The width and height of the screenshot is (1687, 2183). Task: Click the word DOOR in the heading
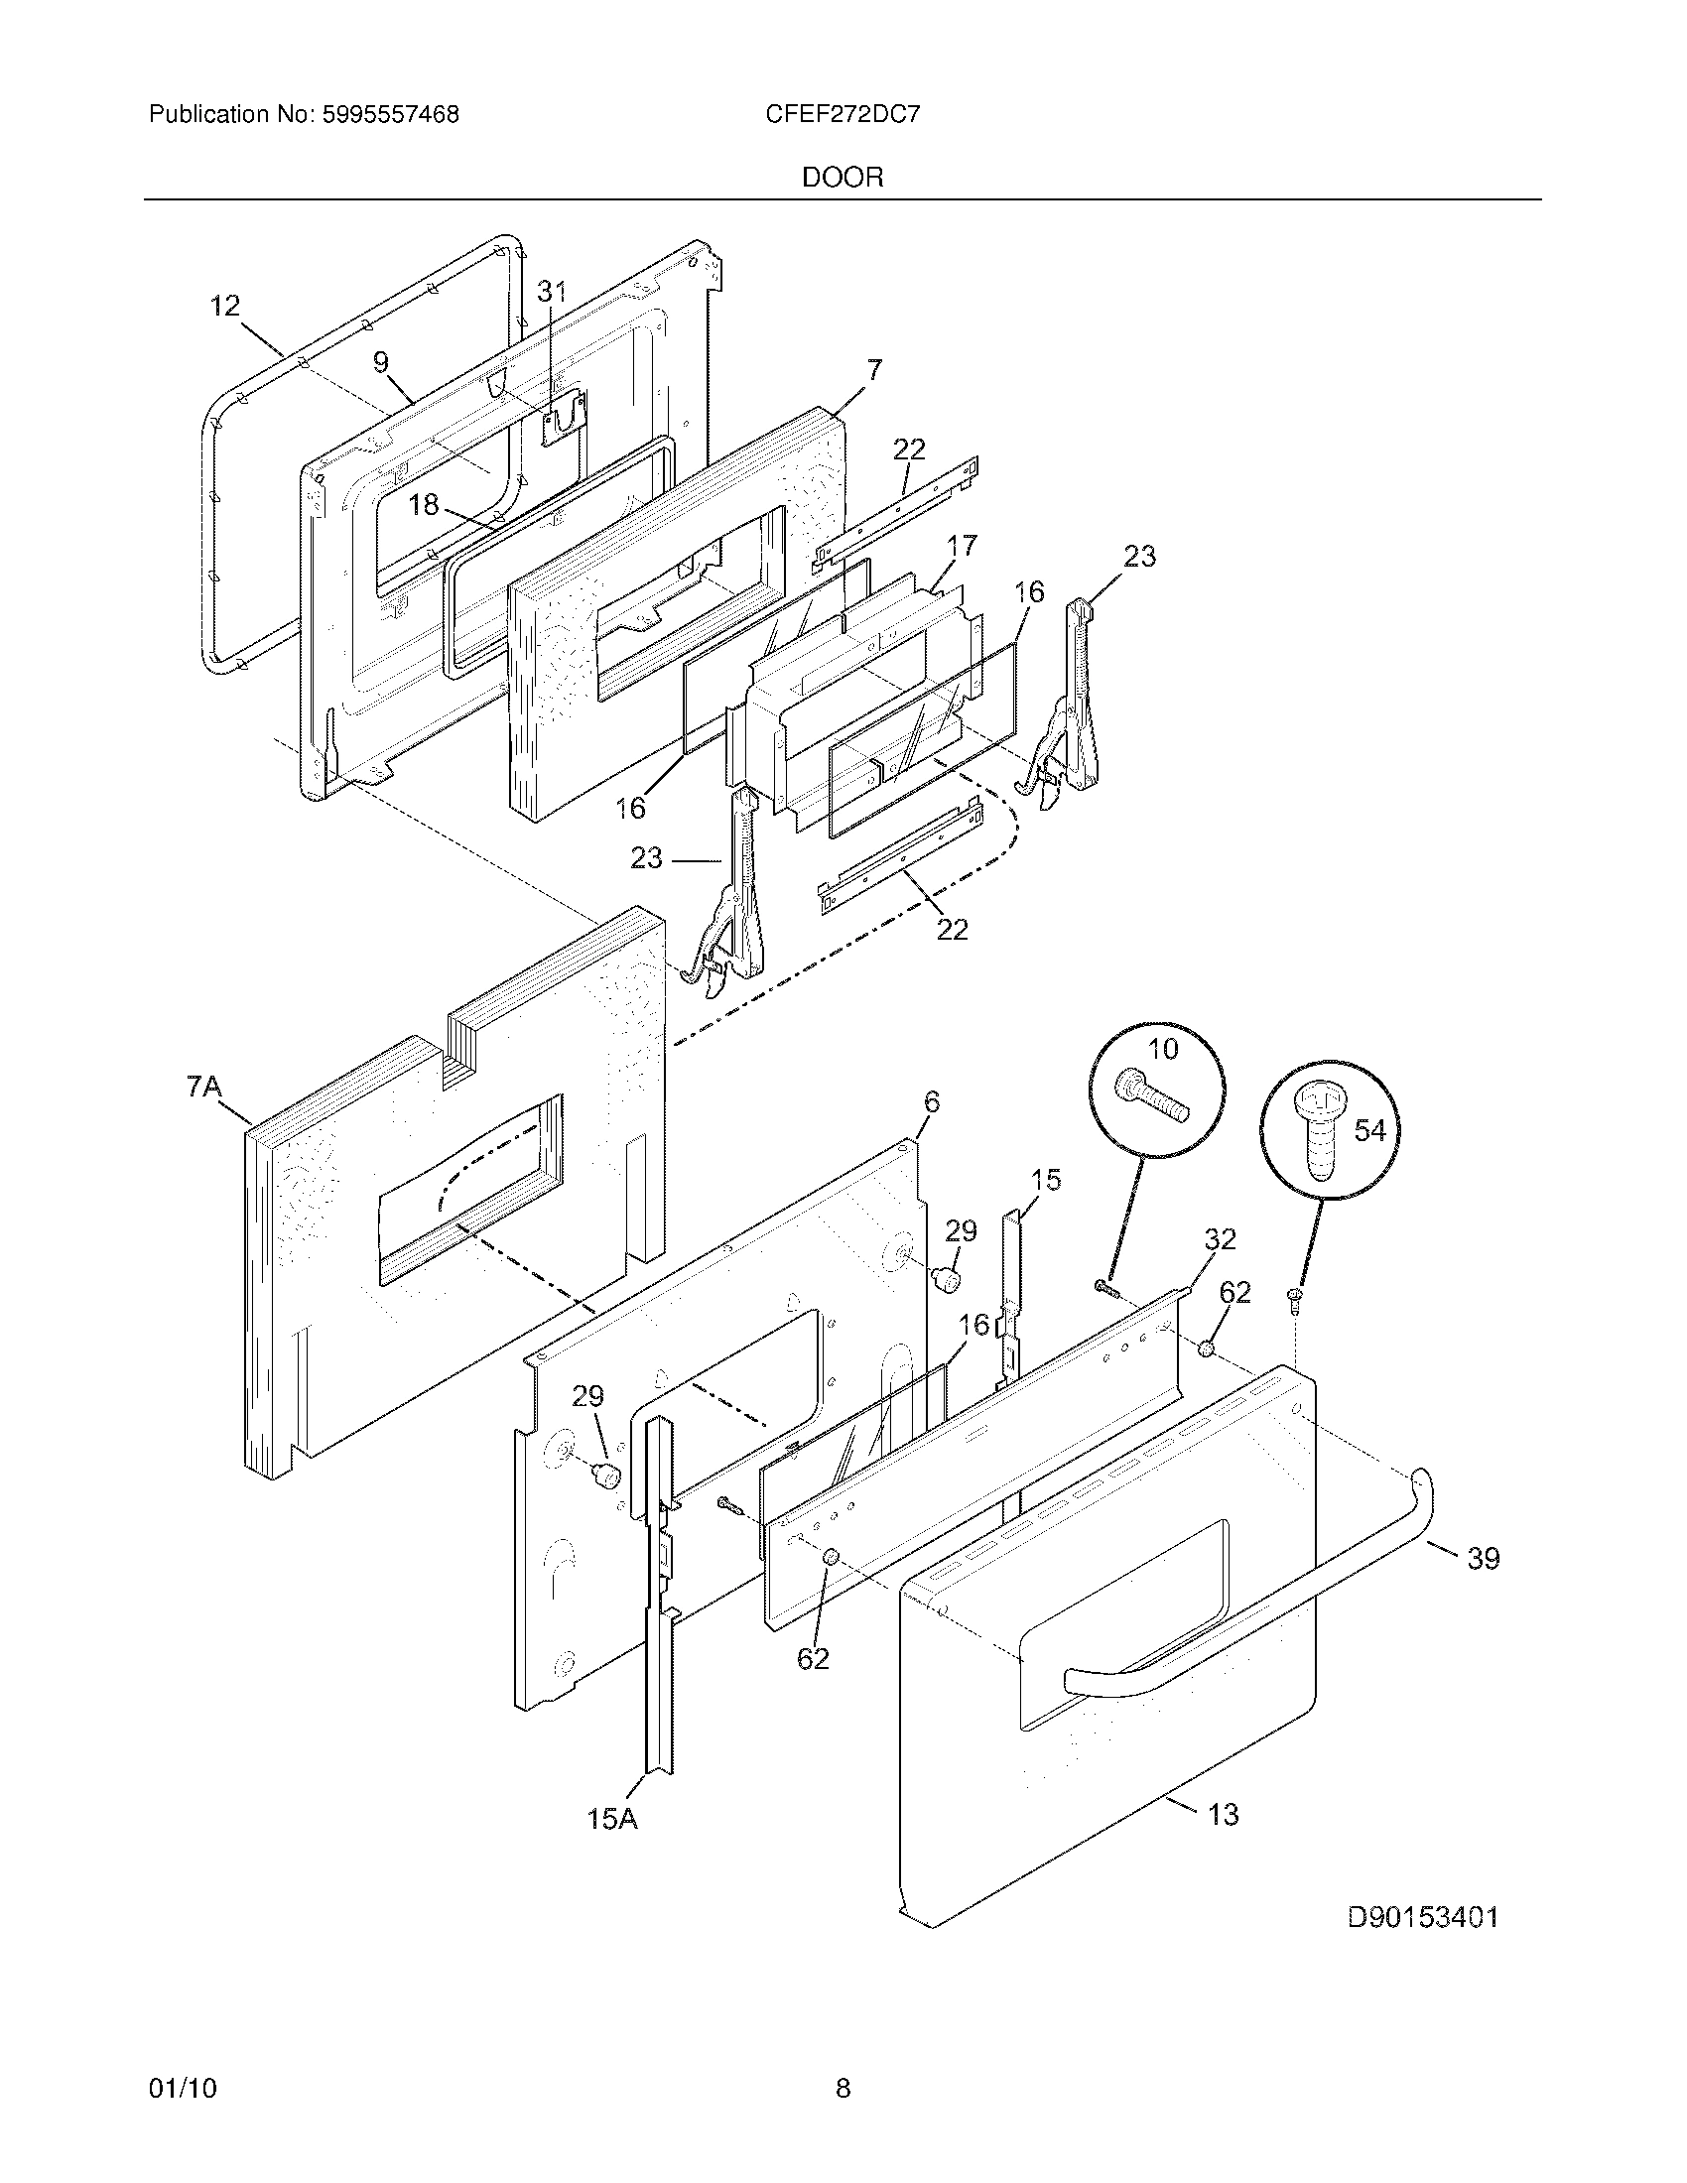[843, 178]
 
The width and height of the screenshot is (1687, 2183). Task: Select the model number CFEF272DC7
[843, 115]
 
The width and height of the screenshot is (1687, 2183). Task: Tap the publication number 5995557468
[390, 115]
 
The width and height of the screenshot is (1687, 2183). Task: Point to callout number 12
[225, 306]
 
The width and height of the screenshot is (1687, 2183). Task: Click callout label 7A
[204, 1087]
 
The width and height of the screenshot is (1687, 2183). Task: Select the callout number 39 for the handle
[1484, 1558]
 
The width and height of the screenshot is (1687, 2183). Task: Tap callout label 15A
[611, 1819]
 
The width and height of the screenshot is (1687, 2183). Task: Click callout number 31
[552, 291]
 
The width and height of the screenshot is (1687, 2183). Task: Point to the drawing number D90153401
[1423, 1917]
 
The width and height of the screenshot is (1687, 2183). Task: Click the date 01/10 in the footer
[182, 2088]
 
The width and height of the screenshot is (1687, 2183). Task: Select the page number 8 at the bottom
[843, 2088]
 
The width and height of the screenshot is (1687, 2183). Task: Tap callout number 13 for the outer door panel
[1224, 1814]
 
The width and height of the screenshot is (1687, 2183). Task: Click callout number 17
[963, 546]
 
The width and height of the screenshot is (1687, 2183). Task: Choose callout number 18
[425, 505]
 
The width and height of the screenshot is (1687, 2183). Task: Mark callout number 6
[932, 1102]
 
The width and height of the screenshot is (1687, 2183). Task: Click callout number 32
[1221, 1239]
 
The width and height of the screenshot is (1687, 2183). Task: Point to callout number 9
[381, 362]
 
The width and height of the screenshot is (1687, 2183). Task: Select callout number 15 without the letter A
[1045, 1181]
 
